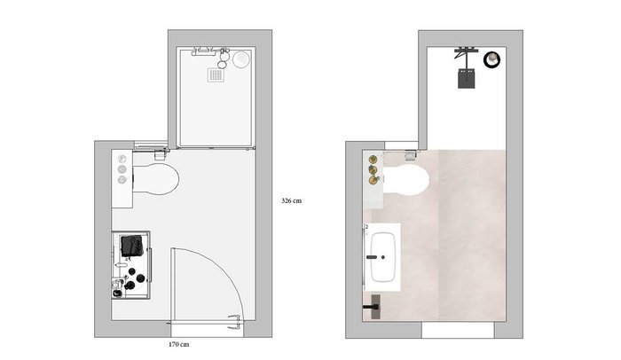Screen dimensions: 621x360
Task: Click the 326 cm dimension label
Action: pyautogui.click(x=292, y=200)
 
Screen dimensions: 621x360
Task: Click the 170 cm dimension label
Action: pyautogui.click(x=179, y=345)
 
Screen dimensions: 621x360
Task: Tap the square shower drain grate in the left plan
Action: pyautogui.click(x=216, y=74)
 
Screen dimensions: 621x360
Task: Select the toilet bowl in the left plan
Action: pyautogui.click(x=155, y=179)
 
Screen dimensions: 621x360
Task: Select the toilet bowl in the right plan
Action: pyautogui.click(x=406, y=180)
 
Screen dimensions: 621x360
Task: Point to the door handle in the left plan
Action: pyautogui.click(x=235, y=321)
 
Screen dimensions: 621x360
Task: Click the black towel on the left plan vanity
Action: pyautogui.click(x=132, y=246)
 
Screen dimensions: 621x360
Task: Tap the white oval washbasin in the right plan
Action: pyautogui.click(x=382, y=257)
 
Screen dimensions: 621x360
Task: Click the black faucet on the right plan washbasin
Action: pyautogui.click(x=372, y=257)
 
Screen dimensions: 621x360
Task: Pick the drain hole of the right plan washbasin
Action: pyautogui.click(x=383, y=257)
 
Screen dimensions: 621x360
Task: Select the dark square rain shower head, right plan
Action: pyautogui.click(x=467, y=78)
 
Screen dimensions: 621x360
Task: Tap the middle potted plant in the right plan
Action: pyautogui.click(x=373, y=170)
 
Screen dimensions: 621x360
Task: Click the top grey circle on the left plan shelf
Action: pyautogui.click(x=122, y=160)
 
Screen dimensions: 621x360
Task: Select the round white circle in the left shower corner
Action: pyautogui.click(x=241, y=59)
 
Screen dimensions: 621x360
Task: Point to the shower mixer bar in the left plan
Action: pyautogui.click(x=203, y=51)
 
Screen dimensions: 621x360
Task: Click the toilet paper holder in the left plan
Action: pyautogui.click(x=160, y=155)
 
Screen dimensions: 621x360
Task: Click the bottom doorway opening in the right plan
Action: pyautogui.click(x=458, y=330)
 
